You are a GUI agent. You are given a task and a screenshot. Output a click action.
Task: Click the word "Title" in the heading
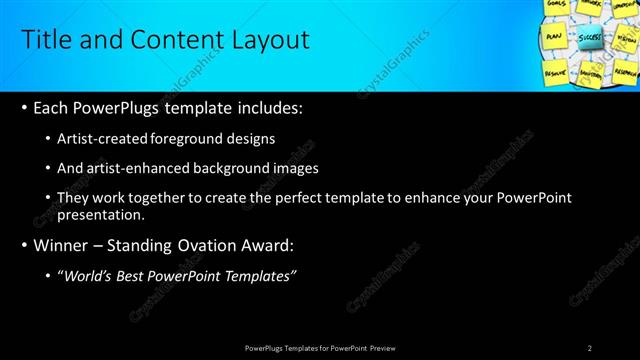46,40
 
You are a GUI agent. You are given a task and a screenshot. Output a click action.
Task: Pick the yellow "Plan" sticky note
553,36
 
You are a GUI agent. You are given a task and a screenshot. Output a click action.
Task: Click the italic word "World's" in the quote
91,276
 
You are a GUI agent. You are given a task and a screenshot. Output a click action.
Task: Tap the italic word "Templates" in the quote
258,276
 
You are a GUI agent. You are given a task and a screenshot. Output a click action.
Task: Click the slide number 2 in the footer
590,348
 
